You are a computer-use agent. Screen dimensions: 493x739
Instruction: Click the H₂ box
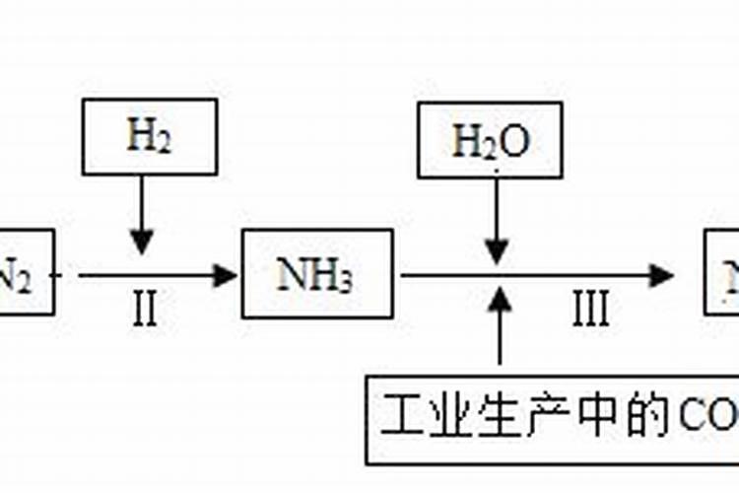(x=149, y=137)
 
